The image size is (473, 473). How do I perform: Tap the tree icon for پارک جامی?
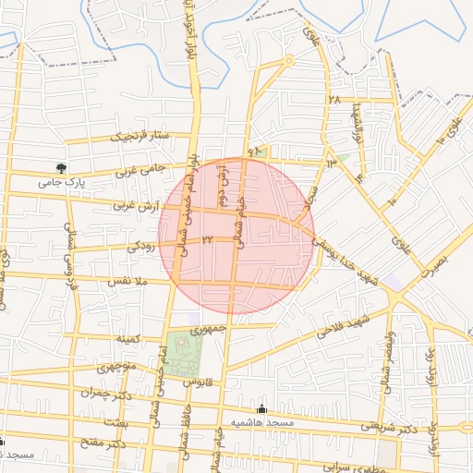pyautogui.click(x=61, y=168)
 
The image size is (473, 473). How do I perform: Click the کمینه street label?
pyautogui.click(x=128, y=339)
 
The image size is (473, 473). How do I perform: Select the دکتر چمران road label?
pyautogui.click(x=102, y=392)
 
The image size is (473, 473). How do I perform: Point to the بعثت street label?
pyautogui.click(x=115, y=420)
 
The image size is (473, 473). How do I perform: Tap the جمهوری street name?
pyautogui.click(x=207, y=328)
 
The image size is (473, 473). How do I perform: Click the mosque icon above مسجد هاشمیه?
pyautogui.click(x=261, y=408)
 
